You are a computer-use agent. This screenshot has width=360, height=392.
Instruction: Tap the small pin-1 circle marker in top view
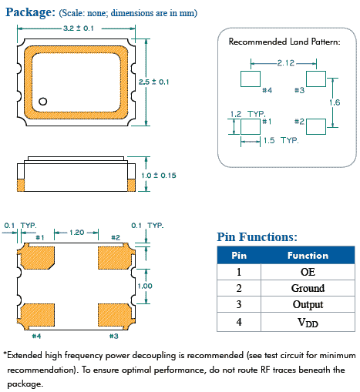(x=44, y=100)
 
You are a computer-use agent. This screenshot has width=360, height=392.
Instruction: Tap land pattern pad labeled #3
(x=316, y=79)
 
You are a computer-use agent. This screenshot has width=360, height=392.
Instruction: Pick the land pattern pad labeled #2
(x=316, y=124)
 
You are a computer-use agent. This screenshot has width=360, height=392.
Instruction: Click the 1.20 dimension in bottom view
(x=77, y=232)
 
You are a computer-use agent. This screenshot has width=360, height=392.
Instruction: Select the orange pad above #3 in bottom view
(x=114, y=313)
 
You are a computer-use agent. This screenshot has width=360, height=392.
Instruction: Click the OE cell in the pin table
(x=307, y=272)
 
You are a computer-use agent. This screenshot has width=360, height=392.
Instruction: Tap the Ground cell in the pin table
(x=307, y=288)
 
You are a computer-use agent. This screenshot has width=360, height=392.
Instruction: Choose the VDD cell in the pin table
(x=307, y=322)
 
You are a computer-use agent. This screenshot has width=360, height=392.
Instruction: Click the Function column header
(x=307, y=255)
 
